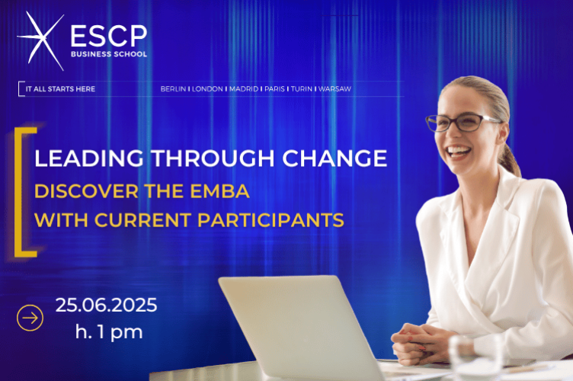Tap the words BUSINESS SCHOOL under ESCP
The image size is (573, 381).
(x=107, y=54)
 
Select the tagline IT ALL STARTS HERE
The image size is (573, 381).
(x=60, y=89)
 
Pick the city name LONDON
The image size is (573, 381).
(x=207, y=89)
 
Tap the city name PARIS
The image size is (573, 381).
(x=275, y=89)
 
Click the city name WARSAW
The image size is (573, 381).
(x=335, y=89)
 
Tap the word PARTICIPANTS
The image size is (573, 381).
(x=279, y=221)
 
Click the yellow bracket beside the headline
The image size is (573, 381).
(x=25, y=190)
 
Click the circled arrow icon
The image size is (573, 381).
(x=30, y=318)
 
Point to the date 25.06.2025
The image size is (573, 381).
(x=106, y=306)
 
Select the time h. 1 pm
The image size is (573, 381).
(x=108, y=331)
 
